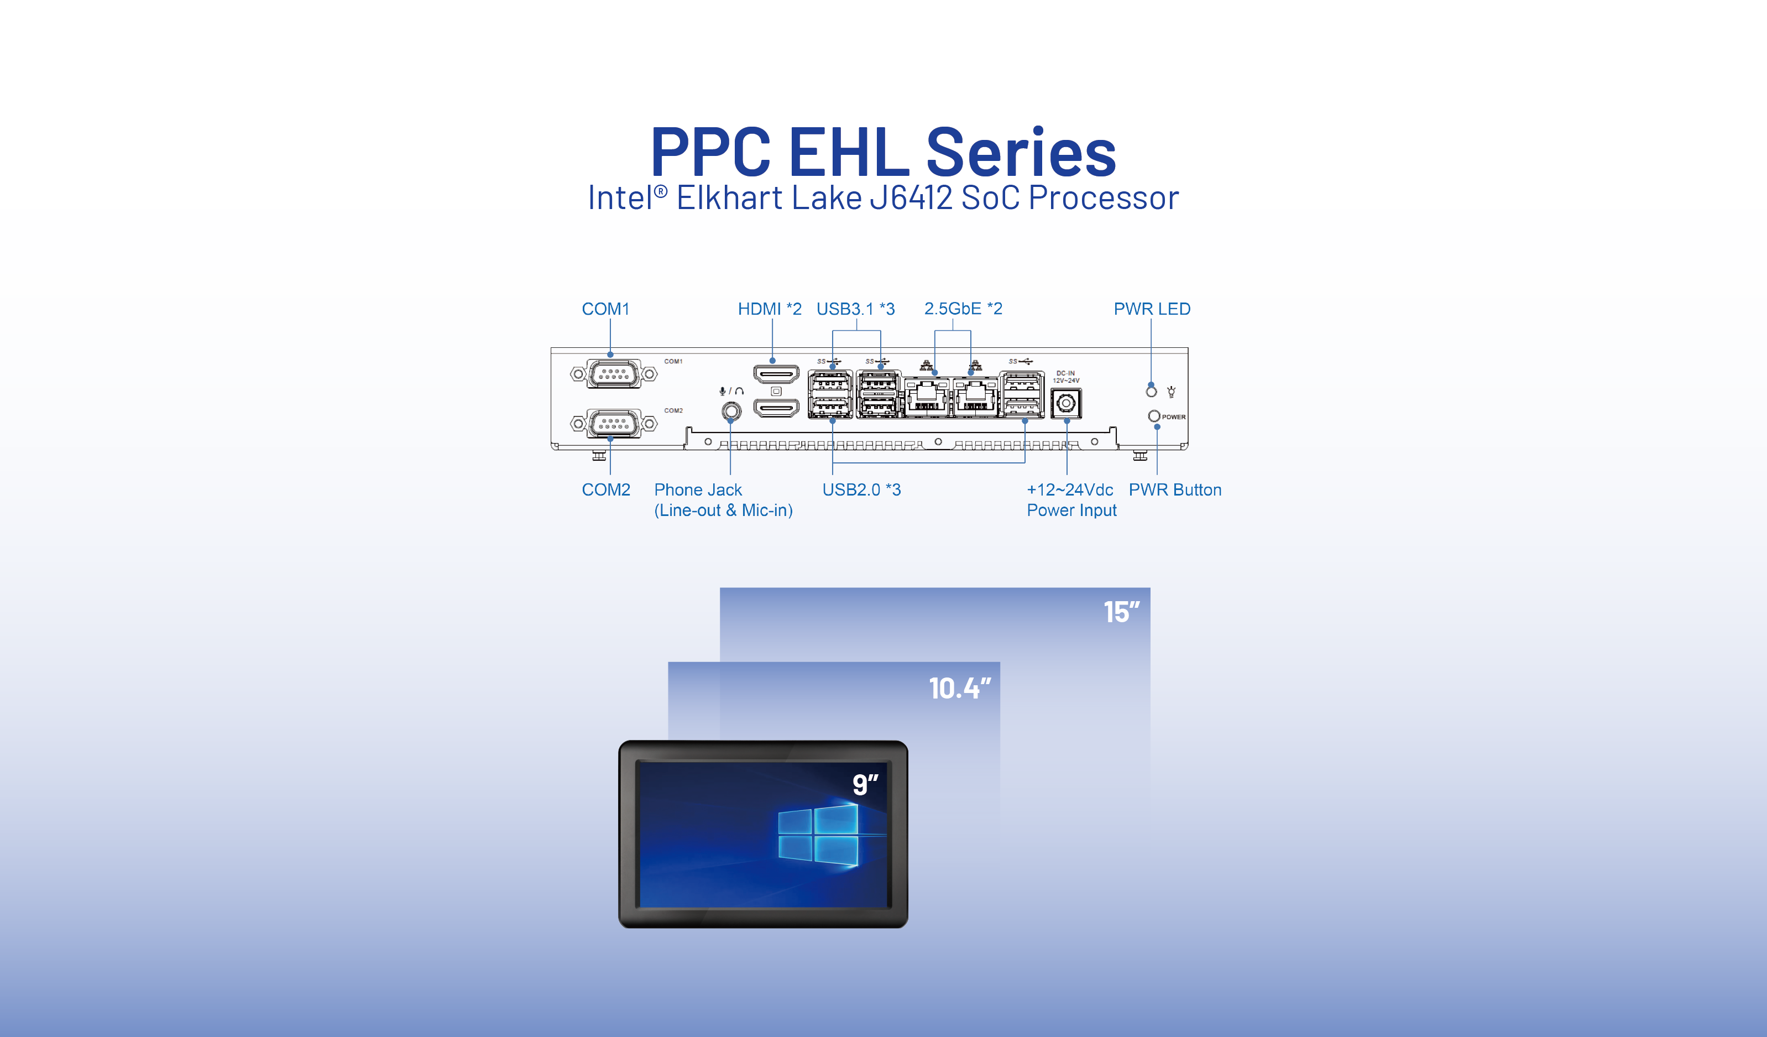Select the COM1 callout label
606,309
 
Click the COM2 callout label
606,489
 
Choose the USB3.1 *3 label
855,309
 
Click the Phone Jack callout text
723,499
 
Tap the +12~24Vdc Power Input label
1071,499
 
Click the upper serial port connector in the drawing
614,374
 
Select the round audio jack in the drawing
731,410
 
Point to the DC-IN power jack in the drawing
1066,403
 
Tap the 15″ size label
1121,612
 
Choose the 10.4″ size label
959,689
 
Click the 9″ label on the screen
865,784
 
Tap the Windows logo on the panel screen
818,835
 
